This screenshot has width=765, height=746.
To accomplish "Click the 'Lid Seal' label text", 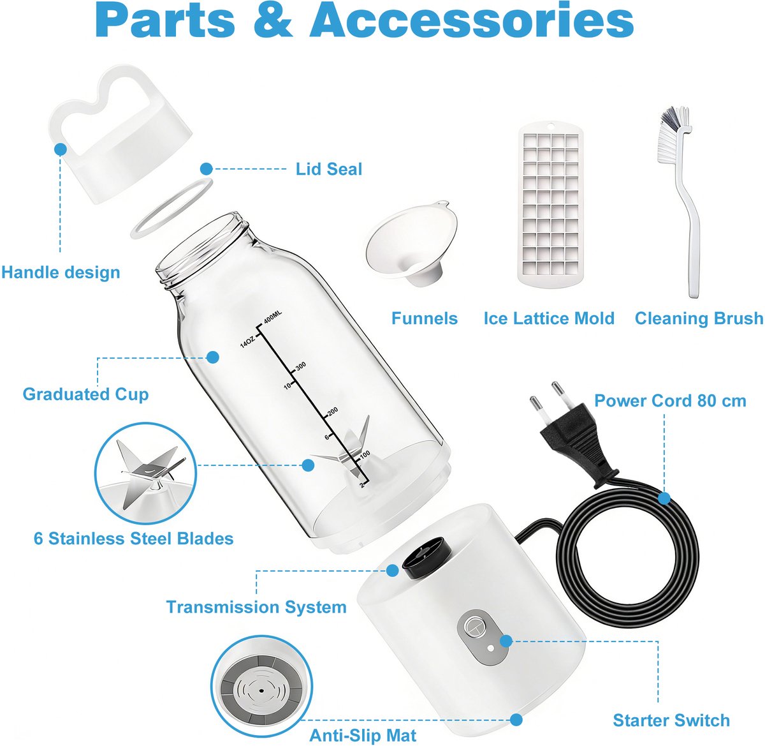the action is [329, 169].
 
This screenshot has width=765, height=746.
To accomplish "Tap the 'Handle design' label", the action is [61, 272].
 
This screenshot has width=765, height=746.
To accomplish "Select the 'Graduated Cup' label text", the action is [85, 394].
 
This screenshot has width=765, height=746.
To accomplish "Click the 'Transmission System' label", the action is [256, 607].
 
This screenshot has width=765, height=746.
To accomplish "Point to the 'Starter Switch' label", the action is [671, 720].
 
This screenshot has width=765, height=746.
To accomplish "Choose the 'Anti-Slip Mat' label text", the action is [363, 735].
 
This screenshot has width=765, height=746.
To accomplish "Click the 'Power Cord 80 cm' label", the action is [670, 401].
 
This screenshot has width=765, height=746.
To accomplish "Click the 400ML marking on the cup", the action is [273, 317].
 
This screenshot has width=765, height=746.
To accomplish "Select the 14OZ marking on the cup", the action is [247, 341].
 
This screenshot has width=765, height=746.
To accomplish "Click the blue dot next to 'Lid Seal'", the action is [207, 169].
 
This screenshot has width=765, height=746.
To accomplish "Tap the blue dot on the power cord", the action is [664, 498].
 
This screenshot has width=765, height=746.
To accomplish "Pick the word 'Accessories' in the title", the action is [472, 20].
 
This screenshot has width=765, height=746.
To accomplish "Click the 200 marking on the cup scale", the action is [333, 412].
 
